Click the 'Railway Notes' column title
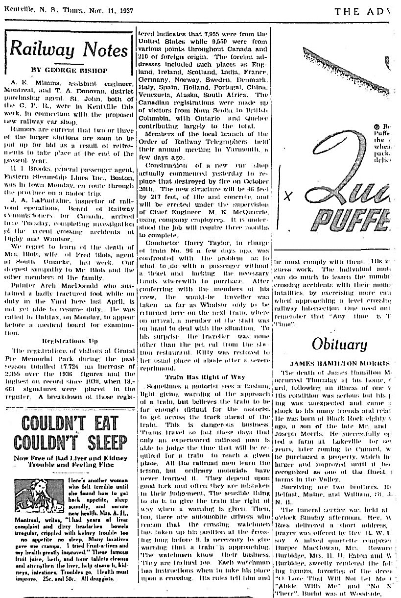pos(69,50)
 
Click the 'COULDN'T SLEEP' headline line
pos(69,443)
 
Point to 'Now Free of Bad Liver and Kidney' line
pos(69,459)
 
